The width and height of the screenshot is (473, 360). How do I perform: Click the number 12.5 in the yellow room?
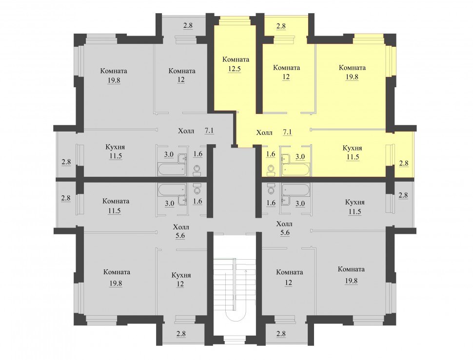coord(235,69)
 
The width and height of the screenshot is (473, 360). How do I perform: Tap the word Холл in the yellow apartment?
coord(264,133)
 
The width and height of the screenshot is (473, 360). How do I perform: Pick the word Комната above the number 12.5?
coord(236,59)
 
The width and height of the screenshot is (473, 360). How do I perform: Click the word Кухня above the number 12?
coord(181,275)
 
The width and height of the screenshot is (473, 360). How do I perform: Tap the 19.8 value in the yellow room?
coord(352,77)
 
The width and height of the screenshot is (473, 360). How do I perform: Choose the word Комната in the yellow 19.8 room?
coord(352,68)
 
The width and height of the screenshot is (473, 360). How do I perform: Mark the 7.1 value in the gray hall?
coord(209,131)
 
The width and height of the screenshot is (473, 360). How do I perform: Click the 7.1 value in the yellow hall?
coord(287,132)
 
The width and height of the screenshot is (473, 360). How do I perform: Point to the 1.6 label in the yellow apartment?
coord(271,154)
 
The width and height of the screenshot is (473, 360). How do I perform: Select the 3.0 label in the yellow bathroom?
coord(300,157)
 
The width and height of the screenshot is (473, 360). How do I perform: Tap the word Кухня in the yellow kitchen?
coord(353,148)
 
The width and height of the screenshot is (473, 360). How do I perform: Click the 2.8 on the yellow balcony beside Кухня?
coord(404,163)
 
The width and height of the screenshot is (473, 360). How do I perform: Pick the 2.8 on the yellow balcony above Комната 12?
coord(281,26)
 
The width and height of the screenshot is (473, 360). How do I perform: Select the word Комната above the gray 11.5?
coord(116,201)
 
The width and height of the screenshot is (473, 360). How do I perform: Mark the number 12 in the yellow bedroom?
coord(286,77)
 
